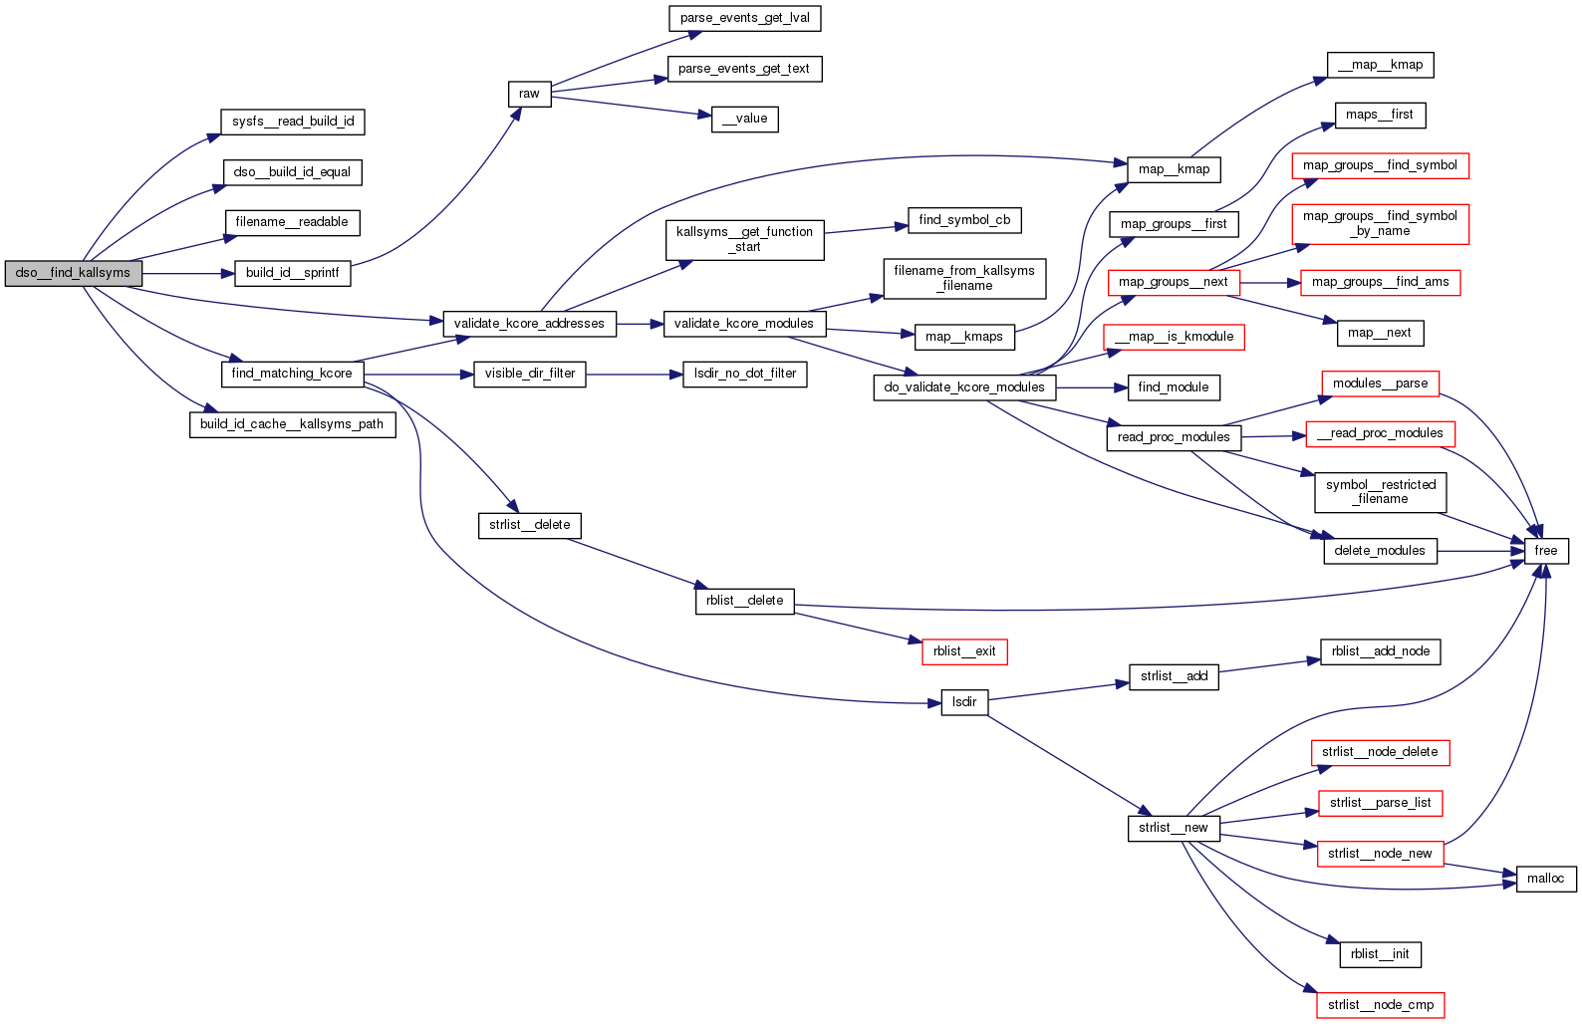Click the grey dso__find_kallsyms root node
(x=74, y=273)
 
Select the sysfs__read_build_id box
(x=293, y=122)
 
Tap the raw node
(x=529, y=94)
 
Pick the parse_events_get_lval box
(x=744, y=18)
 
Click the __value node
(x=744, y=119)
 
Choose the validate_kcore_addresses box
(x=529, y=324)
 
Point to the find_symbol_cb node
(x=964, y=220)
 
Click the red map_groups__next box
(x=1173, y=282)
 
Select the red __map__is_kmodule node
(x=1174, y=337)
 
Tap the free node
(x=1545, y=551)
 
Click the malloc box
(x=1545, y=879)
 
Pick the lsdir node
(x=964, y=702)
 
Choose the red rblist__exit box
(x=964, y=651)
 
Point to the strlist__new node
(x=1173, y=828)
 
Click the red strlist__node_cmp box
(x=1380, y=1005)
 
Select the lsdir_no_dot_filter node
(x=744, y=374)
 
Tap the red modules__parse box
(x=1380, y=384)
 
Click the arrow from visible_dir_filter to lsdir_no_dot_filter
(x=634, y=375)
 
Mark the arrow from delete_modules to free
(x=1480, y=551)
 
